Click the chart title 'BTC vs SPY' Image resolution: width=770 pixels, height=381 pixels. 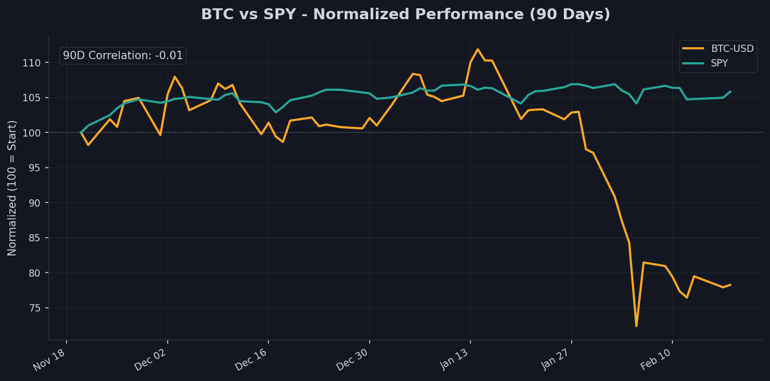coord(406,15)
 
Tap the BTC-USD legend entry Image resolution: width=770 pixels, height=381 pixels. coord(732,49)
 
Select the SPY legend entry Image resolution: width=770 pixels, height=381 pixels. coord(719,63)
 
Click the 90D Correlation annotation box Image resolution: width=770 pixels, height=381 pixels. coord(123,56)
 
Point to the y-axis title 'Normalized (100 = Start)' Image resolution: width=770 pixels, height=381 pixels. coord(12,188)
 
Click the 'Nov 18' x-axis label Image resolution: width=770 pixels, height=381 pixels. coord(50,359)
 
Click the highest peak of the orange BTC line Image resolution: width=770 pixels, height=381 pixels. coord(478,49)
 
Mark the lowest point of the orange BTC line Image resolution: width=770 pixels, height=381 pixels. coord(636,326)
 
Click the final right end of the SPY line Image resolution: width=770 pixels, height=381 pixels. coord(730,92)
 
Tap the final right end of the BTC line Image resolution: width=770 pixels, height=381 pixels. coord(730,284)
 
